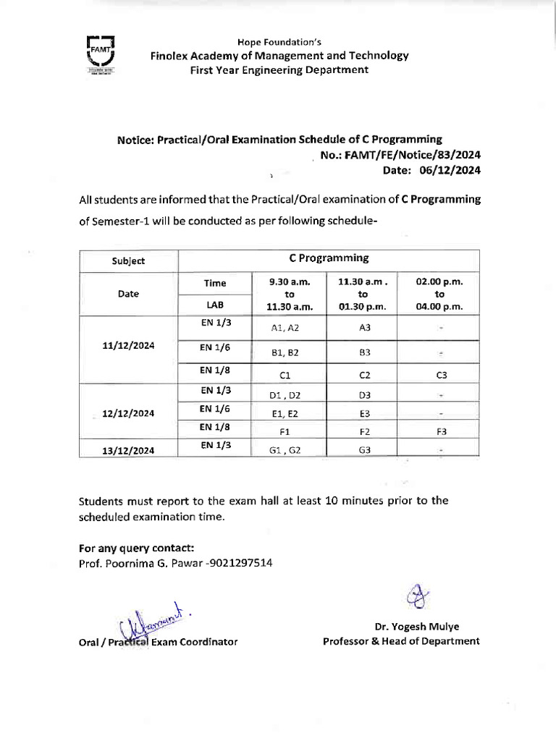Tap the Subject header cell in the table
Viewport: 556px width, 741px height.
click(128, 261)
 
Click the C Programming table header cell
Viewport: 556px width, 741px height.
click(329, 258)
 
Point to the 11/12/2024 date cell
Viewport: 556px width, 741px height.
click(128, 346)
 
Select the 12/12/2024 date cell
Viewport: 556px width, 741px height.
click(128, 413)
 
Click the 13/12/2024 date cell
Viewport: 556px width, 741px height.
click(128, 449)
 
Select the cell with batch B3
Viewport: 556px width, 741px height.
click(364, 352)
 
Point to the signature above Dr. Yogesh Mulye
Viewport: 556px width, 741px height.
click(418, 596)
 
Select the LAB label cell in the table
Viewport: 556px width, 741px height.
click(215, 305)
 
